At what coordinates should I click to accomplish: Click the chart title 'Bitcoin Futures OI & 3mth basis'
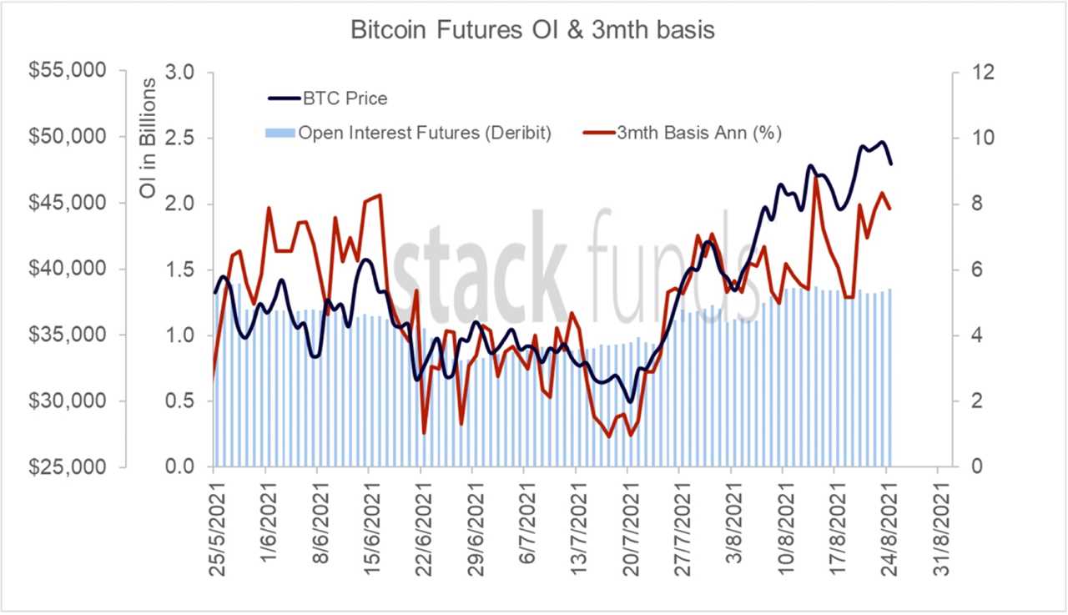coord(533,30)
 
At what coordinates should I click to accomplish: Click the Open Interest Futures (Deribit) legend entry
coord(425,133)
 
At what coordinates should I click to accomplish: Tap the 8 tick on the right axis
coord(972,204)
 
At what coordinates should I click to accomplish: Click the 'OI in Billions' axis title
coord(148,139)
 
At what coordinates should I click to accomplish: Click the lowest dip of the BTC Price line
coord(630,401)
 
